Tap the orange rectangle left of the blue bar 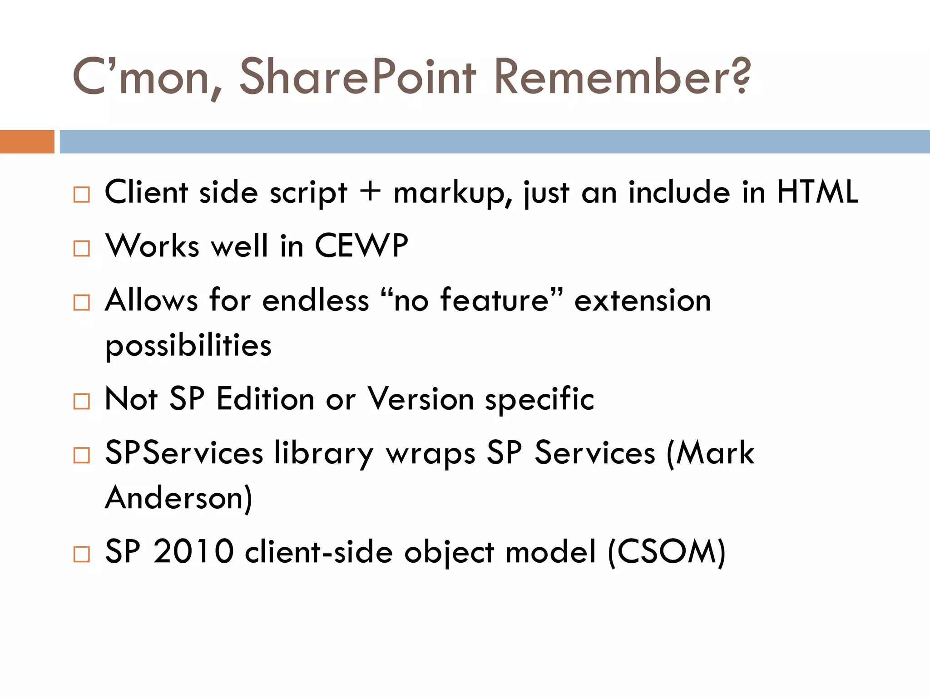[27, 142]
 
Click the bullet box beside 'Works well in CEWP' [82, 248]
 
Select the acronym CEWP [361, 246]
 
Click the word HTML [817, 192]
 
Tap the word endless [316, 300]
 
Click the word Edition [265, 399]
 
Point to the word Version [420, 399]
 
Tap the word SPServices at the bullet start [184, 452]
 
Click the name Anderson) [178, 498]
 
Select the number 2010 [193, 551]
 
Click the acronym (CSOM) [667, 552]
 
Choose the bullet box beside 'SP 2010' [82, 554]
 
